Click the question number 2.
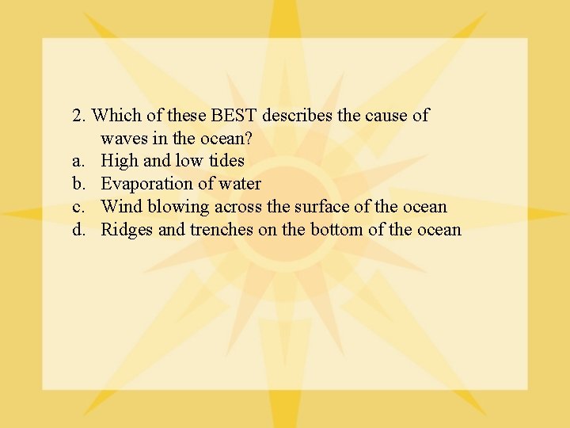click(x=78, y=116)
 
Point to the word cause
click(x=386, y=116)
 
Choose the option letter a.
click(x=78, y=162)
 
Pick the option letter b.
click(x=78, y=185)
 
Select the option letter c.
click(x=78, y=208)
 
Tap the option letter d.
click(x=78, y=231)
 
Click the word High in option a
click(x=120, y=162)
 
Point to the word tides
click(x=226, y=162)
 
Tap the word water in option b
click(x=239, y=185)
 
